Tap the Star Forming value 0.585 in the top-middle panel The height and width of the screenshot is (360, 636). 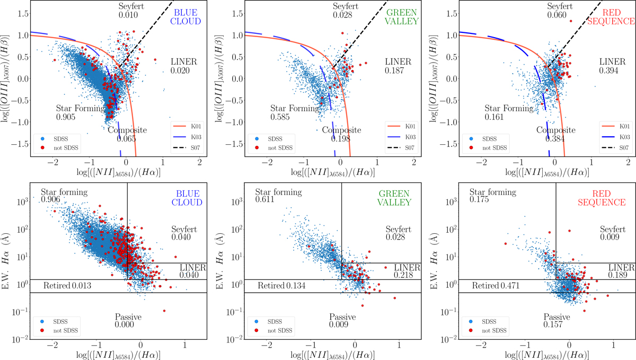280,116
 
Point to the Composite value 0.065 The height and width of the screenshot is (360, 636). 127,139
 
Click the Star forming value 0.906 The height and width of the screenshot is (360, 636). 52,199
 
